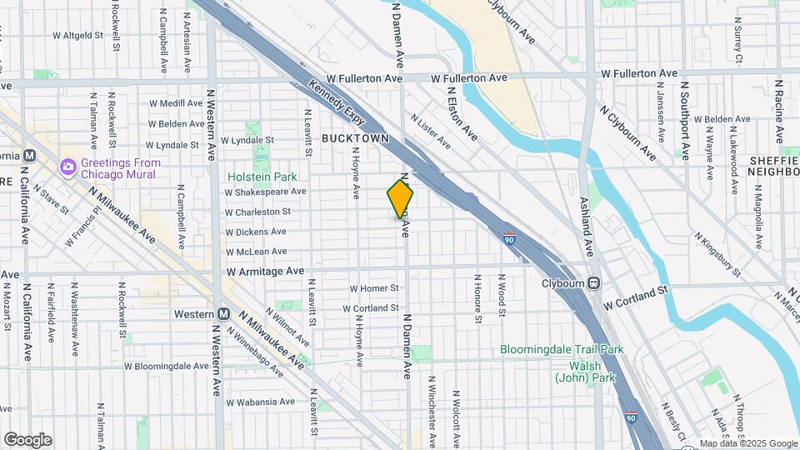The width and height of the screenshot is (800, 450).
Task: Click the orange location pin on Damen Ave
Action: [x=401, y=198]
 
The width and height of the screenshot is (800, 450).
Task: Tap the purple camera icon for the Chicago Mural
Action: [x=67, y=167]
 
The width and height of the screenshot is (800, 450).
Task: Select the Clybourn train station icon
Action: [x=593, y=282]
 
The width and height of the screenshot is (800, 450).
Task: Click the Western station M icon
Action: [x=223, y=314]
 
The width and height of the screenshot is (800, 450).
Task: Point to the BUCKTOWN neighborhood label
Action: [x=355, y=137]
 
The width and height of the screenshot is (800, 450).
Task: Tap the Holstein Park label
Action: [x=262, y=177]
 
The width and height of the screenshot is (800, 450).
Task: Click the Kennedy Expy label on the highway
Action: [x=337, y=100]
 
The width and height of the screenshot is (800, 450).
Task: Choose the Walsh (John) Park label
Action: [x=585, y=372]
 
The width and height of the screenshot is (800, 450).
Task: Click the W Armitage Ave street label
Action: [x=265, y=271]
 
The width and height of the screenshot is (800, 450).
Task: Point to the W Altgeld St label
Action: [x=77, y=36]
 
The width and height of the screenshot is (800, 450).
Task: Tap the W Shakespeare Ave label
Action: [x=265, y=192]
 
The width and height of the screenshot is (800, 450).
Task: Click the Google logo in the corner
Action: [x=27, y=439]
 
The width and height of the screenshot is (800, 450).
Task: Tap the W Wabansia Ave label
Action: [x=257, y=402]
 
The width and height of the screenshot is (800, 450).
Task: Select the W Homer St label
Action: [x=375, y=288]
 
